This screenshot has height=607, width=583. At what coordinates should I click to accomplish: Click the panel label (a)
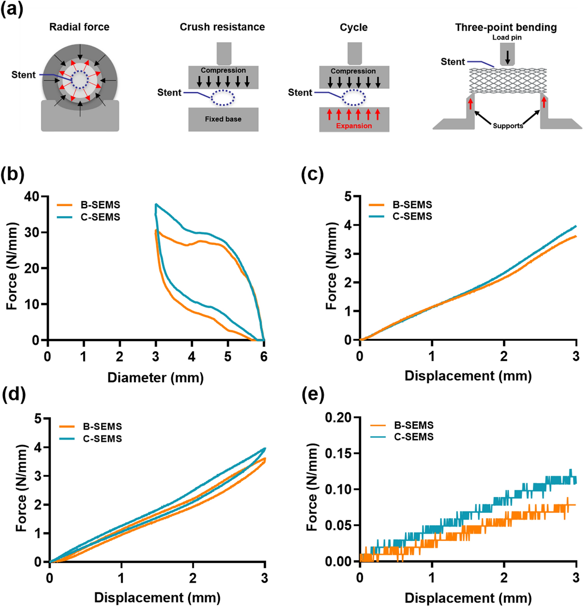click(x=12, y=9)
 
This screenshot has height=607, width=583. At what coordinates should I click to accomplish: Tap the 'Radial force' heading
click(x=79, y=27)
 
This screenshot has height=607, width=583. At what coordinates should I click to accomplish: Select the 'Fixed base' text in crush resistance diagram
click(x=223, y=119)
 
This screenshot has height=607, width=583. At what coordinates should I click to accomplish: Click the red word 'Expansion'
click(x=354, y=126)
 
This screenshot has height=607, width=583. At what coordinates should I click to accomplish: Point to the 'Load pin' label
click(x=507, y=38)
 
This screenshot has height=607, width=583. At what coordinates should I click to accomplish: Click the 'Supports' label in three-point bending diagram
click(x=508, y=126)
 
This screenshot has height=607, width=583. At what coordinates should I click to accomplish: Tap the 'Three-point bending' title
click(x=506, y=28)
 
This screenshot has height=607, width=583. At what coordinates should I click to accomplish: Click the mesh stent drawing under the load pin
click(x=508, y=80)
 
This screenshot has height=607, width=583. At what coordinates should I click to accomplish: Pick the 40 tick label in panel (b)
click(x=32, y=197)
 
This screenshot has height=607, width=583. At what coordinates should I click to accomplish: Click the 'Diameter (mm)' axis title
click(x=156, y=378)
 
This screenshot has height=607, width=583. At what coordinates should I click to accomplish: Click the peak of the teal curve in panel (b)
click(x=156, y=204)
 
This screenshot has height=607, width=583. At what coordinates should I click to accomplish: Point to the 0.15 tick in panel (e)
click(x=338, y=454)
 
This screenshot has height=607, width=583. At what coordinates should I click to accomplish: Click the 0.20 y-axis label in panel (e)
click(x=338, y=418)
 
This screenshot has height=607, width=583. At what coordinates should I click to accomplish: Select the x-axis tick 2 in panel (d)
click(x=193, y=578)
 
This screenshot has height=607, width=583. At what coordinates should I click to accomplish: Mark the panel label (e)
click(x=313, y=394)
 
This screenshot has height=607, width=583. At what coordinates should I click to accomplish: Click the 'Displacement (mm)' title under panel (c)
click(x=468, y=376)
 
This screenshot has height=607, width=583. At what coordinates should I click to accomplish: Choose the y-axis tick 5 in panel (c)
click(x=348, y=197)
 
